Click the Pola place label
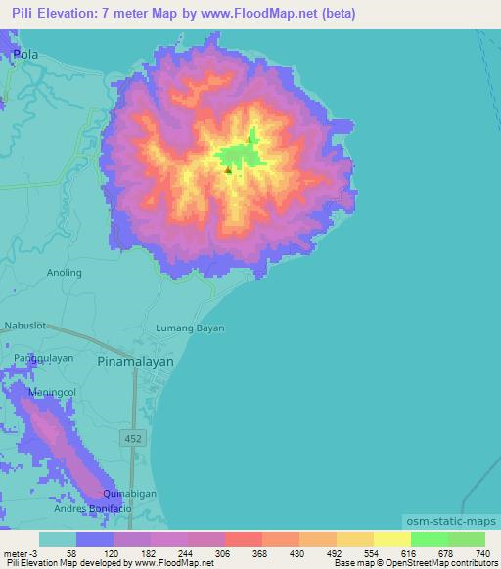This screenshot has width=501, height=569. tap(26, 56)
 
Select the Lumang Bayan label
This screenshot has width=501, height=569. tap(191, 328)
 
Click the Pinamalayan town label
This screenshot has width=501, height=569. tap(136, 361)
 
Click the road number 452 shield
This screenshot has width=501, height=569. tap(134, 439)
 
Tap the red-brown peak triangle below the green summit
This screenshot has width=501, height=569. tap(228, 170)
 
